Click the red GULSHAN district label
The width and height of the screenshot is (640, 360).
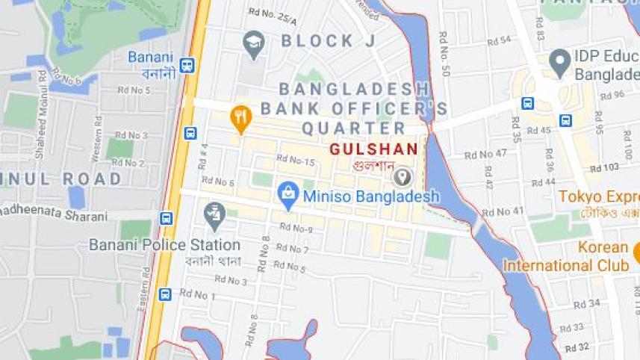point(373,149)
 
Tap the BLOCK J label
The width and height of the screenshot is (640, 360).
point(329,41)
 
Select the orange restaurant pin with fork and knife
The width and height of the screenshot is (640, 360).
point(240,118)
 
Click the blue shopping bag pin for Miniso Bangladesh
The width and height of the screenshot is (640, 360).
point(288,194)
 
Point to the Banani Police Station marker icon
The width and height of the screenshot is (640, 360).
point(214,214)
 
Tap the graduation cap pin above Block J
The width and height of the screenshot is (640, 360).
point(254,43)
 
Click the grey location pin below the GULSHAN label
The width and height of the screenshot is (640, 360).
point(403,177)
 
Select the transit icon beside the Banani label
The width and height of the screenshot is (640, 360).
point(187,65)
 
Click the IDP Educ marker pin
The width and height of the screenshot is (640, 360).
point(559,62)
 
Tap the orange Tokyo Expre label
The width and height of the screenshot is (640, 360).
point(597,196)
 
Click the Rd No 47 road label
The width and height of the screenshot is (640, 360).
point(485,154)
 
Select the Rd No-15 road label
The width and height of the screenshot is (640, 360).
point(295,159)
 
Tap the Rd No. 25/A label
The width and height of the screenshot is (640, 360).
point(273,13)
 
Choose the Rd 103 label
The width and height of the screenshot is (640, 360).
point(604,168)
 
